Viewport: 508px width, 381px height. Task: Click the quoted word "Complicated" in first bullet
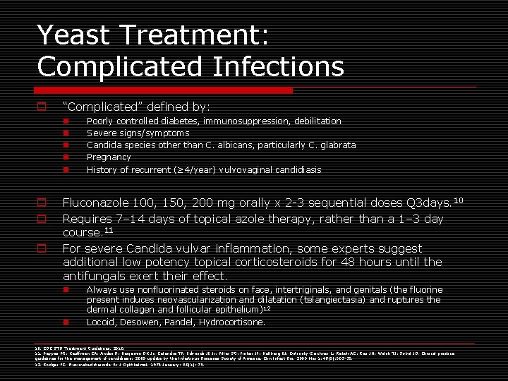[x=99, y=107]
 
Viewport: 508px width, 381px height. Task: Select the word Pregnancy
[x=108, y=157]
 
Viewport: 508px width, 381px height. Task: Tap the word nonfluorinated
[x=166, y=290]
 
